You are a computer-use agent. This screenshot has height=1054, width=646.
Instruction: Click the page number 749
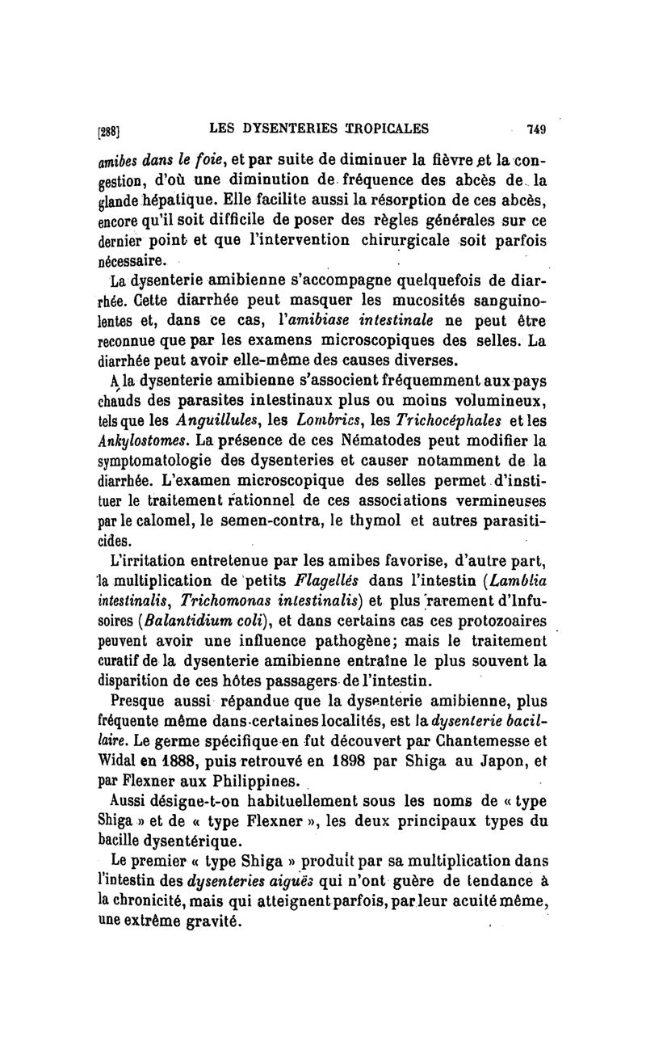(x=536, y=128)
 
